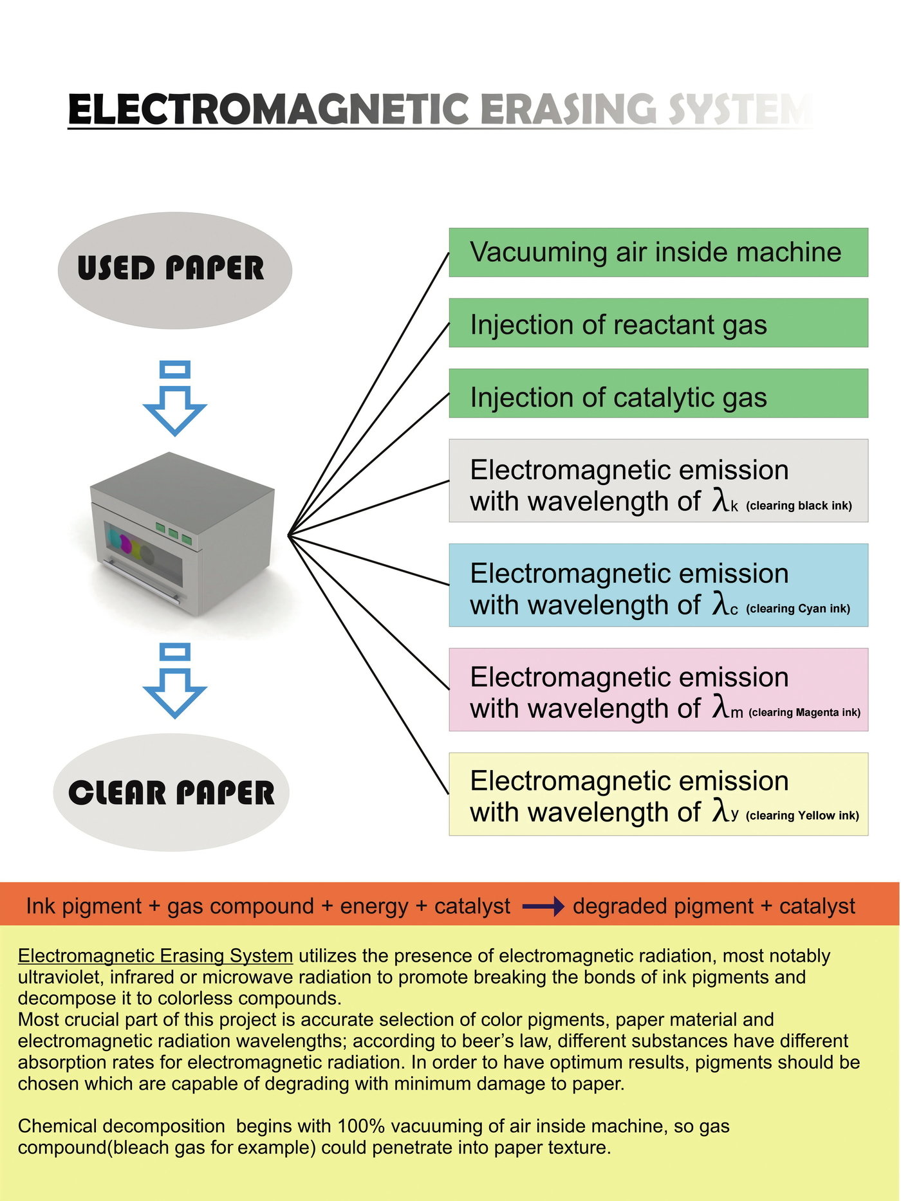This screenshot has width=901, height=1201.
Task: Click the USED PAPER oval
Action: pos(175,270)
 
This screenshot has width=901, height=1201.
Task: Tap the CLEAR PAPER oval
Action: pos(171,793)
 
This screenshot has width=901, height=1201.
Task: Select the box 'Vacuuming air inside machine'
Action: pos(658,252)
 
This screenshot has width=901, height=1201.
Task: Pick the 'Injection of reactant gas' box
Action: pos(658,323)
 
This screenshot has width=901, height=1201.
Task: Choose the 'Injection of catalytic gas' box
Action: pos(658,394)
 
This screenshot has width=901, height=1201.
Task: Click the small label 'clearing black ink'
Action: pos(799,506)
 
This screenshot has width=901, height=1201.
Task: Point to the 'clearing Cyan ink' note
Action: pos(798,609)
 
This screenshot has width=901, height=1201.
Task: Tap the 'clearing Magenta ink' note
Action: pos(804,712)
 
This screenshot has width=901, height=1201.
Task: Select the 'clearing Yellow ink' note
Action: pos(803,816)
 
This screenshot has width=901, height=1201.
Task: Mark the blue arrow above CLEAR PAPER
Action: pos(174,681)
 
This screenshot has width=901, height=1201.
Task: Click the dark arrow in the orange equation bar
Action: pos(543,907)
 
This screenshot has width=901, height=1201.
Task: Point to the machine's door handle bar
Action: pos(142,581)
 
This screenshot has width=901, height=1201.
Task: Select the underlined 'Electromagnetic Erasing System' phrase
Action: pos(155,956)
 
